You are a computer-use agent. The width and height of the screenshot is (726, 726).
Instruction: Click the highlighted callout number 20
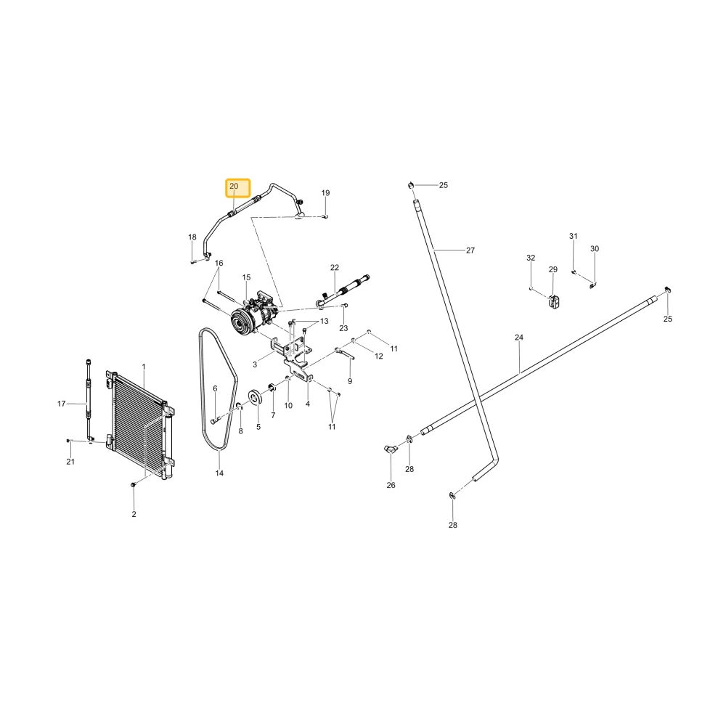tap(234, 186)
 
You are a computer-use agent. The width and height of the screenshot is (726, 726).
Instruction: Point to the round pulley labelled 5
tap(253, 397)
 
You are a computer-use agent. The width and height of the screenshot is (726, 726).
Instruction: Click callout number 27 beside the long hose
tap(470, 250)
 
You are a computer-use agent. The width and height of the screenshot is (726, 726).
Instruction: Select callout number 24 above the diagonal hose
tap(519, 338)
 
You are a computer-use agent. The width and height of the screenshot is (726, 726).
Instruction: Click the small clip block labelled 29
tap(554, 303)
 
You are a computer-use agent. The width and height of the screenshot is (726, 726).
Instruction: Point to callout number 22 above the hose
tap(335, 268)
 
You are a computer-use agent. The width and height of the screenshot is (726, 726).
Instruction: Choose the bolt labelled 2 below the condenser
tap(134, 484)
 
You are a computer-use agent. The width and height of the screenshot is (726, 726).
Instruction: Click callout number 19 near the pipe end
tap(325, 193)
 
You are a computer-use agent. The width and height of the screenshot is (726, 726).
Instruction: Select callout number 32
tap(531, 258)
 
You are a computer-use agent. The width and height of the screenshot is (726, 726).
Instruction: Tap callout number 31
tap(574, 236)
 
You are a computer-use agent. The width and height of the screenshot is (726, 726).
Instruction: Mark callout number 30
tap(595, 248)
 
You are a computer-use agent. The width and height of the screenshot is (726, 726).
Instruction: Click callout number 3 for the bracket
tap(255, 365)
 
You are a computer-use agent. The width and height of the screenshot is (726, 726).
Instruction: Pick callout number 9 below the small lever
tap(350, 382)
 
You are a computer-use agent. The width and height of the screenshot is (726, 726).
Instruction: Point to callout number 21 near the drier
tap(70, 462)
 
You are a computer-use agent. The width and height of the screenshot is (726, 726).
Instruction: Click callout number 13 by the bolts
tap(324, 322)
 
